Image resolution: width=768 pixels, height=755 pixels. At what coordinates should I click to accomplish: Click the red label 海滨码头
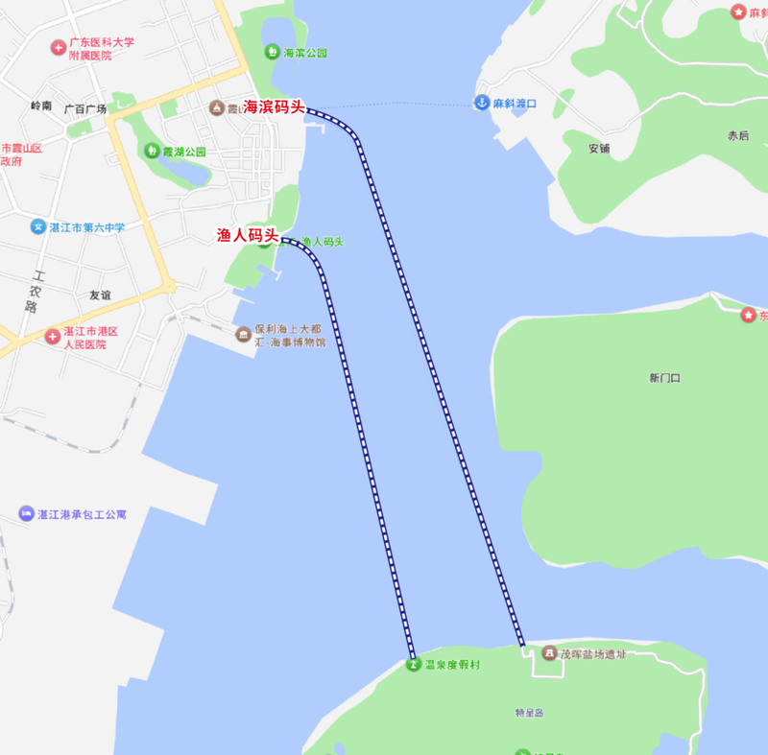[x=274, y=106]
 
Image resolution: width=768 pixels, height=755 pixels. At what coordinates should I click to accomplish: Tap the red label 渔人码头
[x=247, y=235]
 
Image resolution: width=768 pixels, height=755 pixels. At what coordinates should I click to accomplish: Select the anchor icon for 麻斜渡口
[x=481, y=103]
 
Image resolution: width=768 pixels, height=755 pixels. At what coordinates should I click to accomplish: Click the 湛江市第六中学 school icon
[x=38, y=226]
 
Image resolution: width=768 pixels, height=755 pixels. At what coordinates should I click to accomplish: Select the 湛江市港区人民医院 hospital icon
[x=52, y=337]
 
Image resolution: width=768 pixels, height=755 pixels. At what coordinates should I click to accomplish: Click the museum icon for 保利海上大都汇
[x=244, y=334]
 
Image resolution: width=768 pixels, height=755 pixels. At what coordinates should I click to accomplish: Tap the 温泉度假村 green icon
[x=413, y=665]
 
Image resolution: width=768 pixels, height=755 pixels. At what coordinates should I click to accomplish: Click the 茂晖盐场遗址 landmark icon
[x=548, y=653]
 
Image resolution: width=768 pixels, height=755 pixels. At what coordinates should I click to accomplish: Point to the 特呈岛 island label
[x=530, y=713]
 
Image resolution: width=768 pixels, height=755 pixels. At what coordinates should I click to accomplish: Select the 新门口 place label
[x=664, y=378]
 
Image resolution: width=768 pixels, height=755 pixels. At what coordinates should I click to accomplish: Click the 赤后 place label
[x=737, y=136]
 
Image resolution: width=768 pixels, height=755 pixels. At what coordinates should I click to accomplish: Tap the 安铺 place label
[x=599, y=149]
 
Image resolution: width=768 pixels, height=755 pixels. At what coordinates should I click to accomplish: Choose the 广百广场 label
[x=84, y=109]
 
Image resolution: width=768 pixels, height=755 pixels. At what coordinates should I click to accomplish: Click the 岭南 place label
[x=41, y=106]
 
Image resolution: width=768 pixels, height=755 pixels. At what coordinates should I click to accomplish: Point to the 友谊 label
[x=100, y=295]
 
